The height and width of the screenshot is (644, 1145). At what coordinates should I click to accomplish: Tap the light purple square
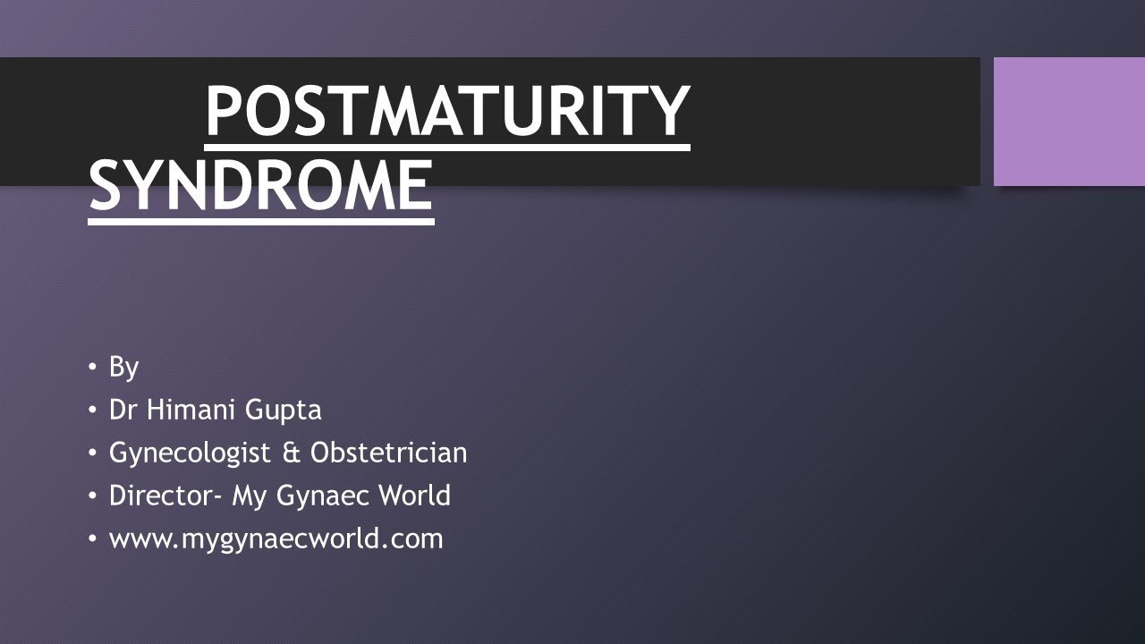coord(1069,122)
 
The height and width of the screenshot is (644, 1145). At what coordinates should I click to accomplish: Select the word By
coord(123,367)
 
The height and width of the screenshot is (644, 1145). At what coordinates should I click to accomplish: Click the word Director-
coord(166,496)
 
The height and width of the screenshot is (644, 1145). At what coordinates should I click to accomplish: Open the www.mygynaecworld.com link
coord(276,539)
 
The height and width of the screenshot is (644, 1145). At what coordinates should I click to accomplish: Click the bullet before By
coord(93,367)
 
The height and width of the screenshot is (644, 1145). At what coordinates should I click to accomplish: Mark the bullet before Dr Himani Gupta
coord(93,410)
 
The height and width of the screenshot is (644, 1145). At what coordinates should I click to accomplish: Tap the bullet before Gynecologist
coord(93,453)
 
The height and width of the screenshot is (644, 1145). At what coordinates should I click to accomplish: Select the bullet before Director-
coord(93,496)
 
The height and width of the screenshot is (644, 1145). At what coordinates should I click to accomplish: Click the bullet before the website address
coord(93,538)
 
